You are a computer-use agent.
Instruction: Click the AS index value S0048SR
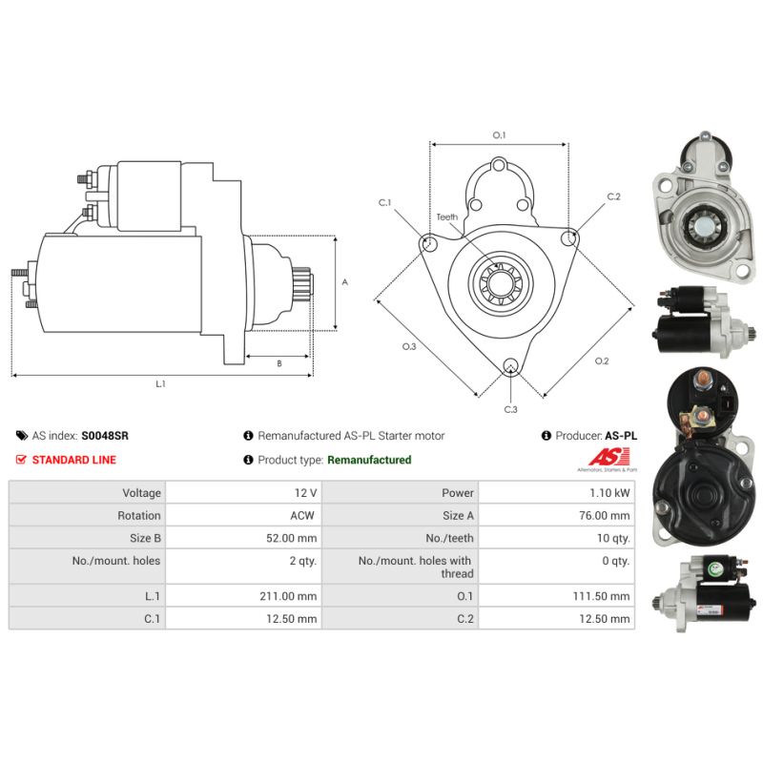(105, 436)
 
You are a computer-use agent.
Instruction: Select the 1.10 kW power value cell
(556, 492)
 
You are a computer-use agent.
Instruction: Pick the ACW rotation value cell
(243, 515)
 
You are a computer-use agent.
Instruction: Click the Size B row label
(145, 538)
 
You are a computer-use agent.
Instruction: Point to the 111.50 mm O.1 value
(601, 596)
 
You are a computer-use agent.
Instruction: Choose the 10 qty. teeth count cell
(556, 538)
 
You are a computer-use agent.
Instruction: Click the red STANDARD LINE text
(74, 460)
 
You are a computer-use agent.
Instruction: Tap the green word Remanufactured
(369, 460)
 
